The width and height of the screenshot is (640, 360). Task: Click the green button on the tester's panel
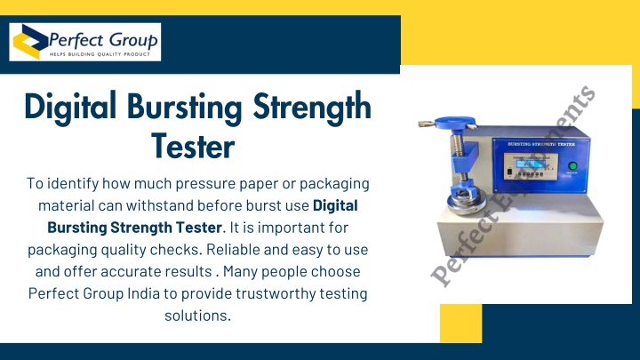point(572,165)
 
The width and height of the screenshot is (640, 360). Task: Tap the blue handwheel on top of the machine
point(455,122)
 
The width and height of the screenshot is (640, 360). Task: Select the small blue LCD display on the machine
point(532,164)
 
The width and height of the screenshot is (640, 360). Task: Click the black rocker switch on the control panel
point(509,172)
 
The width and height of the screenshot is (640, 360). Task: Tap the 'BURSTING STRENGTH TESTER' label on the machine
point(541,144)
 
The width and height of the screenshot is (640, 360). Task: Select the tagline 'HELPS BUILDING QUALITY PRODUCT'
point(100,54)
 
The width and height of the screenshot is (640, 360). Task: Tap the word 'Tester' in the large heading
point(193,146)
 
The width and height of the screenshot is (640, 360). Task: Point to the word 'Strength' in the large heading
point(312,106)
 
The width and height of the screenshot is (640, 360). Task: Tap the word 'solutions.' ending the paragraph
point(198,315)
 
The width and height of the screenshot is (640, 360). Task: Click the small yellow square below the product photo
point(460,324)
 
